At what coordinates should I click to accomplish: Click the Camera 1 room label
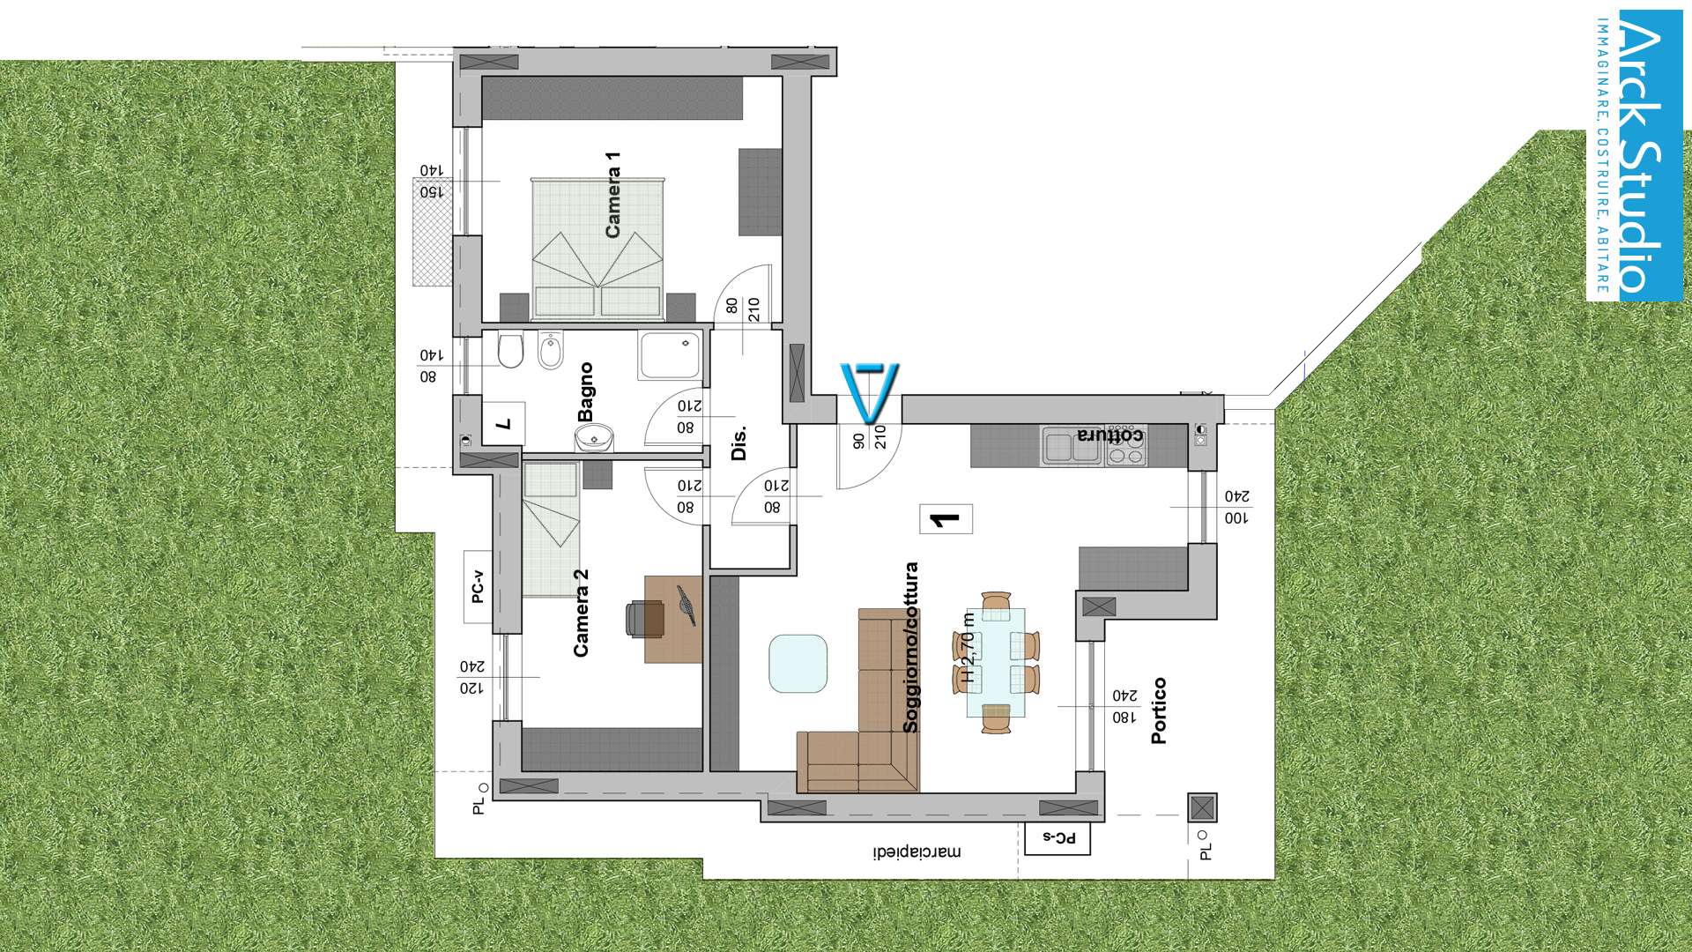coord(612,194)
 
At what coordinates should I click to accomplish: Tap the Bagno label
coord(585,392)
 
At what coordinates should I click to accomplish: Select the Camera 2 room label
coord(581,613)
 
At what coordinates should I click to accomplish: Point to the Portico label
coord(1159,710)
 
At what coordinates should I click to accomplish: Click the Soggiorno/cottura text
coord(910,648)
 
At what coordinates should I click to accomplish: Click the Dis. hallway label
coord(739,443)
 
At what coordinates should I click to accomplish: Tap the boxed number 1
coord(946,519)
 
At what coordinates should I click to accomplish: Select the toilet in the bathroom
coord(510,350)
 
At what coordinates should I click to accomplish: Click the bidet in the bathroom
coord(551,350)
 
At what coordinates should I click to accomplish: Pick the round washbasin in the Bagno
coord(595,437)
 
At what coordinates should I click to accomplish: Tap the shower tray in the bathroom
coord(671,355)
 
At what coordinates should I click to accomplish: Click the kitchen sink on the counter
coord(1072,446)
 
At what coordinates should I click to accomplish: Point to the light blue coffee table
coord(798,664)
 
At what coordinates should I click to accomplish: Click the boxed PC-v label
coord(479,587)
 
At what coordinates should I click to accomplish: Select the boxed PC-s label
coord(1057,838)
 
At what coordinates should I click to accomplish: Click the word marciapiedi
coord(917,852)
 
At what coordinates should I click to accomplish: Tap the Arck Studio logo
coord(1635,156)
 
